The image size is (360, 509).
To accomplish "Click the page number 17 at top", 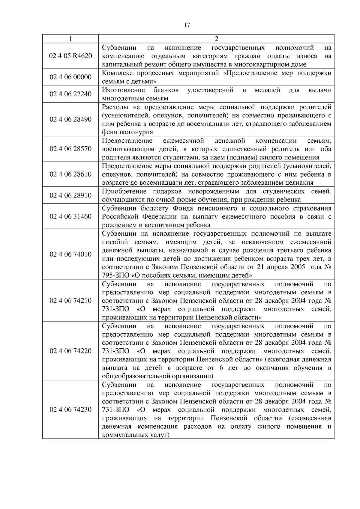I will [x=187, y=25].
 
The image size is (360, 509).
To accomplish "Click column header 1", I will [x=70, y=39].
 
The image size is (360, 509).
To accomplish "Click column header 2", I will [x=216, y=39].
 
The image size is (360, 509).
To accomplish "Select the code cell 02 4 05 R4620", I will [x=70, y=56].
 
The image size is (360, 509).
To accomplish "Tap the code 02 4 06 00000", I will [x=70, y=77].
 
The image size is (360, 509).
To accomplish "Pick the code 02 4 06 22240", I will [x=70, y=94].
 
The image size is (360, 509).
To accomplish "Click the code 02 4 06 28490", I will [x=70, y=119].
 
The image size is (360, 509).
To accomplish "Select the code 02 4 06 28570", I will [x=70, y=149].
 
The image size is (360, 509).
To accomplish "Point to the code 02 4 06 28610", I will [x=70, y=174].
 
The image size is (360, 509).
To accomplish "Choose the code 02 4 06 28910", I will [x=70, y=195].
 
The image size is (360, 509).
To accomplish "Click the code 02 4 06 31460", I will [x=70, y=216].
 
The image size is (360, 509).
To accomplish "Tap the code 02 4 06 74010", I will [x=70, y=254].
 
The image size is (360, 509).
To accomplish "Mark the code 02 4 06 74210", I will [x=70, y=300].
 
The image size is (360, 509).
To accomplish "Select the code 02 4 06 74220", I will [x=70, y=351].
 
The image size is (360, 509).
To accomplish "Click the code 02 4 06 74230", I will [x=70, y=409].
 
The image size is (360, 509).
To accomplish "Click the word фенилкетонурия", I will [x=127, y=132].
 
